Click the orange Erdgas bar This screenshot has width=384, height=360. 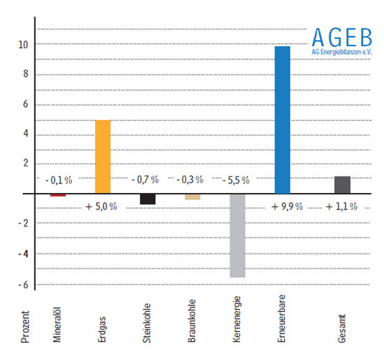click(x=103, y=156)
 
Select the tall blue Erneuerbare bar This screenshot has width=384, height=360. click(x=283, y=120)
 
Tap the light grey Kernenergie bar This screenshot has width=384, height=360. click(x=238, y=235)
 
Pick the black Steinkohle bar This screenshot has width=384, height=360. click(x=147, y=199)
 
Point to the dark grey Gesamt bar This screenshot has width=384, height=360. click(x=342, y=184)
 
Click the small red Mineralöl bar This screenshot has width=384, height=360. click(x=58, y=194)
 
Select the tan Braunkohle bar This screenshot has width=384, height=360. click(x=193, y=197)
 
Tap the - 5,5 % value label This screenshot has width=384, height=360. click(x=237, y=179)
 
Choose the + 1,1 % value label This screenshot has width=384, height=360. click(x=342, y=207)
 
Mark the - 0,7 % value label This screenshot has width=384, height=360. click(x=147, y=179)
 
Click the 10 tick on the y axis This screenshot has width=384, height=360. click(x=23, y=44)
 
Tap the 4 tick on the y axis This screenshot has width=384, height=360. click(x=25, y=134)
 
